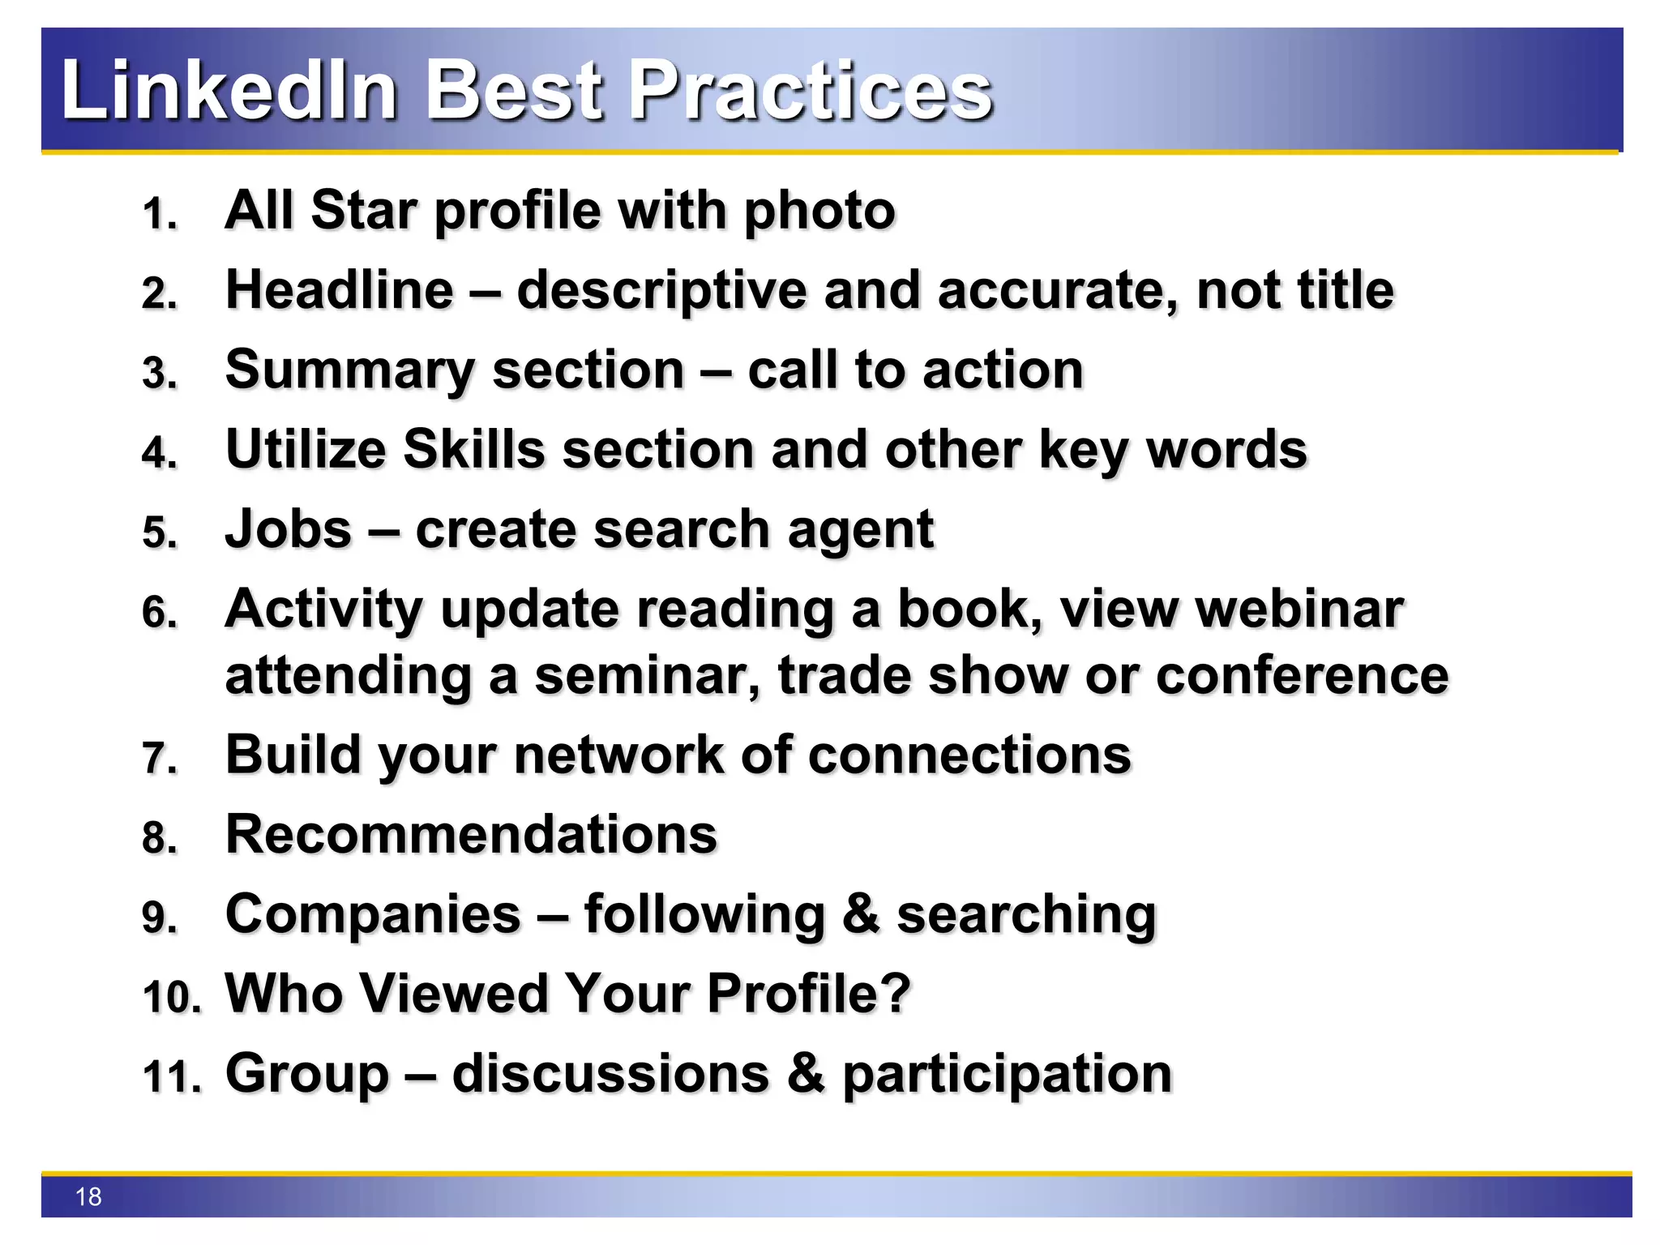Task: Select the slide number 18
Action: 88,1196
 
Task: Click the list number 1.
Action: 159,215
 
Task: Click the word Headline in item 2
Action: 340,290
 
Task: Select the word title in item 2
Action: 1345,290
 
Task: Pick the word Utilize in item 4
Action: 306,449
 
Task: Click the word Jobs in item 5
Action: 289,529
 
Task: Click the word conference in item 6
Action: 1302,675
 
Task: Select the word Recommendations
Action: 471,834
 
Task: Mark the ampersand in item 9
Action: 860,914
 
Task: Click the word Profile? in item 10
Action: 808,994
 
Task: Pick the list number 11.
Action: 171,1077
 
